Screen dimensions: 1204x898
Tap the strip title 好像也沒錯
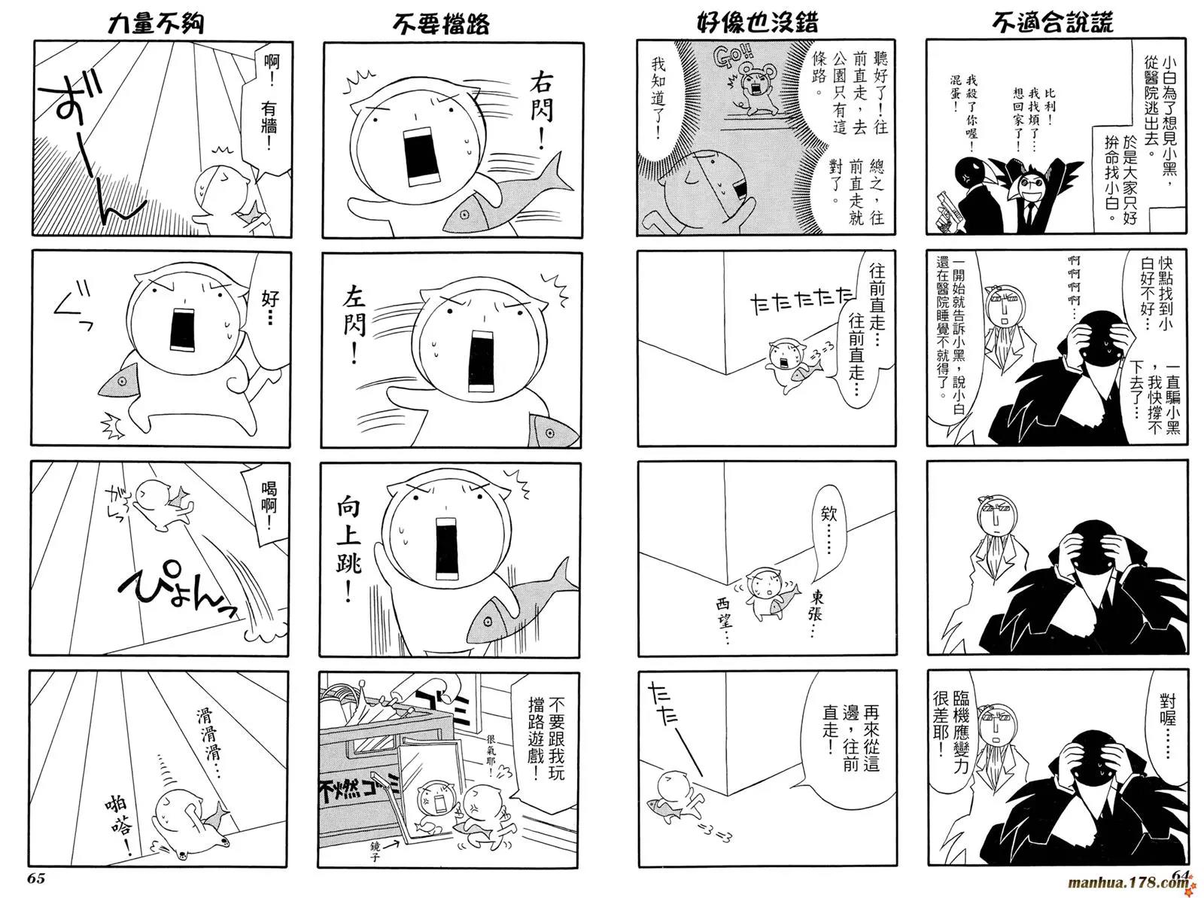tap(757, 23)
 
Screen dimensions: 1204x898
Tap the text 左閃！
tap(355, 326)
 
